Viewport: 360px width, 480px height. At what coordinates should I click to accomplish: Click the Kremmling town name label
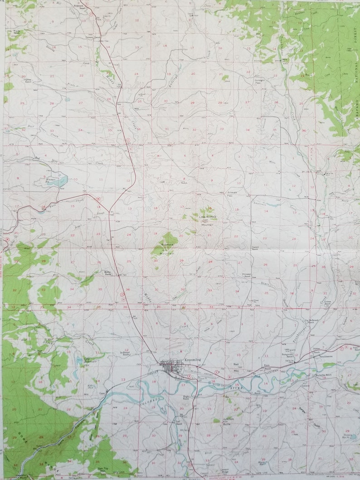click(193, 360)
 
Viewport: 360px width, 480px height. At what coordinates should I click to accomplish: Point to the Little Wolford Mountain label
click(208, 220)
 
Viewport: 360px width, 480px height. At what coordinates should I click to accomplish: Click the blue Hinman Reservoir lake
click(58, 181)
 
